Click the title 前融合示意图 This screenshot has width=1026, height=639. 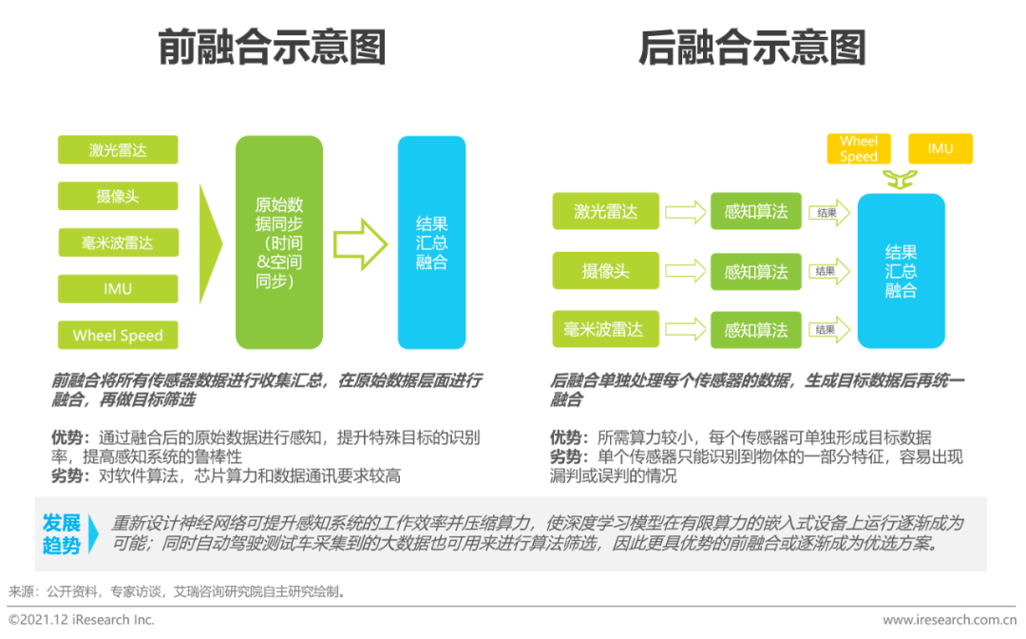[x=272, y=47]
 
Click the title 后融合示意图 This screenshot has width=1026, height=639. [x=751, y=47]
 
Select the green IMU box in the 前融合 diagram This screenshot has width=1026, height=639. [x=118, y=289]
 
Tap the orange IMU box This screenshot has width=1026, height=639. [x=940, y=149]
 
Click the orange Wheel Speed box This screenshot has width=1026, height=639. [x=859, y=149]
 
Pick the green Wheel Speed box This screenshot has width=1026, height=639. [x=118, y=336]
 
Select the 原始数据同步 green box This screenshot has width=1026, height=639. [x=279, y=242]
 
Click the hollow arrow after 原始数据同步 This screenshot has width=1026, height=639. [x=360, y=243]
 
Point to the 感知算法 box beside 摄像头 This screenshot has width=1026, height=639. [x=756, y=272]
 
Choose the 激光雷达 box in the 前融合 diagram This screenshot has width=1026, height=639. [x=118, y=150]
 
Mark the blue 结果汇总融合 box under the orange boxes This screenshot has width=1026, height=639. [x=901, y=271]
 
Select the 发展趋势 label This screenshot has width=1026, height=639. [x=62, y=534]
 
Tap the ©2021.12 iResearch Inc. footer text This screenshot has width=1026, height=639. [x=81, y=620]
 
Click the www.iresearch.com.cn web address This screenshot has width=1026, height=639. [x=949, y=620]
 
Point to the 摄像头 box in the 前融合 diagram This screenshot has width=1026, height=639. [x=118, y=197]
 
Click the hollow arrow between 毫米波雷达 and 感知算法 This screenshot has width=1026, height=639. [x=685, y=330]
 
